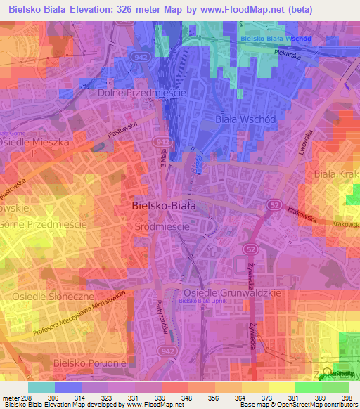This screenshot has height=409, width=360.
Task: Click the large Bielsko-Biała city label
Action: point(163,207)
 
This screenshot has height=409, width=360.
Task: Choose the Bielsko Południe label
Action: point(90,363)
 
